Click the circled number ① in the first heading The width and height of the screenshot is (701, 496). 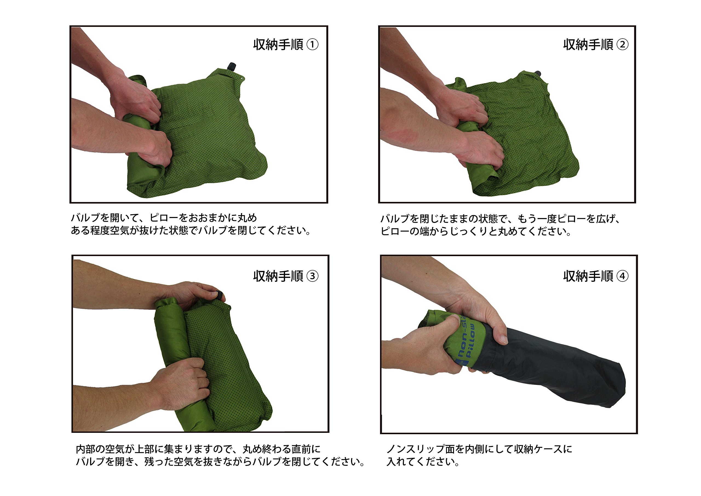point(312,45)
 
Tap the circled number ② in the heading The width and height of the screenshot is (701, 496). point(622,45)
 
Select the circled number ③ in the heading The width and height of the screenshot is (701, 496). point(312,276)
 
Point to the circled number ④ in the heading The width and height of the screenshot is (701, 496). point(622,276)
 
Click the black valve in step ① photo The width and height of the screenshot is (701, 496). point(232,66)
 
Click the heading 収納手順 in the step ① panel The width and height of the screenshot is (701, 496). point(278,45)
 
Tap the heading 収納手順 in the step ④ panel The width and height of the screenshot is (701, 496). point(588,276)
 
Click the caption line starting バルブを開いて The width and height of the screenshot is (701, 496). point(164,218)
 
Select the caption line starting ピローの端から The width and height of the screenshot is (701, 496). point(476,231)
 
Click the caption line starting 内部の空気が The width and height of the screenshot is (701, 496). point(198,449)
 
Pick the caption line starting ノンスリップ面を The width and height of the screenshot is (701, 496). point(479,449)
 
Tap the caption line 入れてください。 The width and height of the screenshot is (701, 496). point(423,462)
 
